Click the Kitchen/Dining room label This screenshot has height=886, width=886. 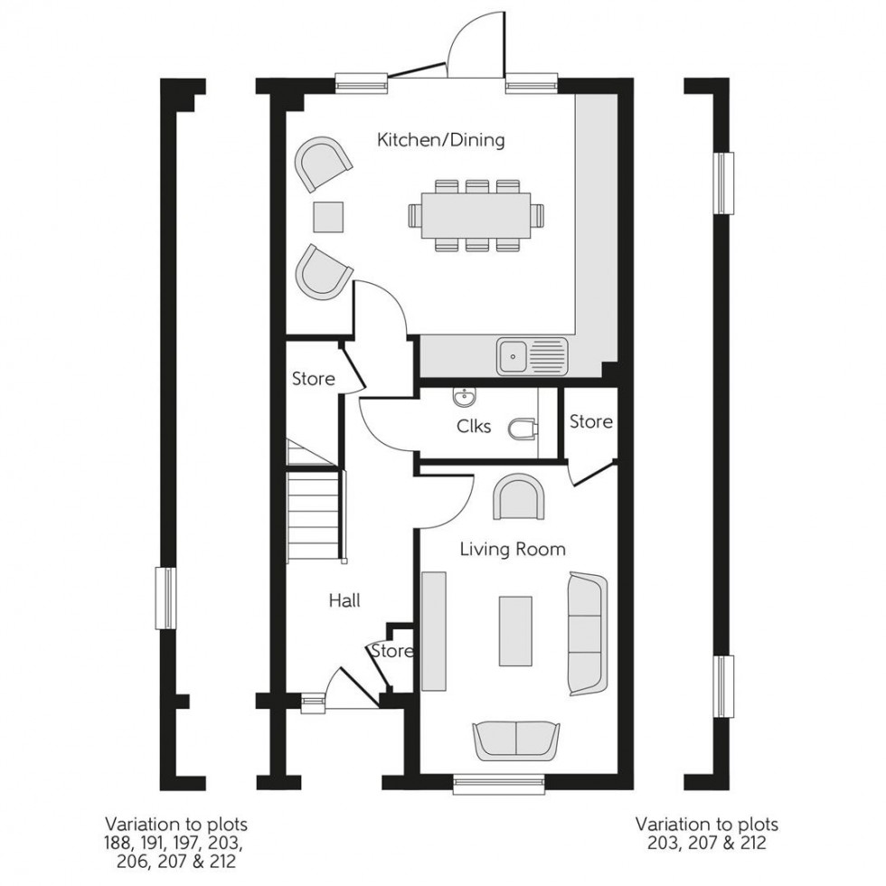(440, 140)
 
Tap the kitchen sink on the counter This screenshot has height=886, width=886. (514, 355)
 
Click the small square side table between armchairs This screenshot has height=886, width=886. (328, 215)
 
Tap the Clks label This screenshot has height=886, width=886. (474, 426)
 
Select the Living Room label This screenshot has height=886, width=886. (513, 549)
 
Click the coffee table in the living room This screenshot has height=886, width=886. (515, 630)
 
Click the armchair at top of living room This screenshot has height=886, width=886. (520, 497)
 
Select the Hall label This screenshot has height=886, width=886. (344, 599)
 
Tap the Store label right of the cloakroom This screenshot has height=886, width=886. (590, 422)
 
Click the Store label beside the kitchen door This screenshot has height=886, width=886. (313, 379)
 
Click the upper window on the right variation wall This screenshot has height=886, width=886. (725, 183)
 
